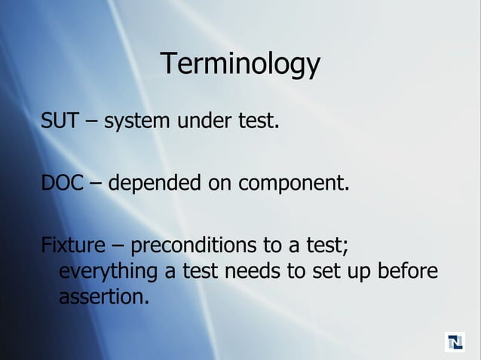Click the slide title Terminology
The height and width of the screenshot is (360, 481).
coord(240,65)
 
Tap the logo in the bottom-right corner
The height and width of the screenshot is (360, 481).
coord(455,341)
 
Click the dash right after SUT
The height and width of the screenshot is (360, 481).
coord(91,121)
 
